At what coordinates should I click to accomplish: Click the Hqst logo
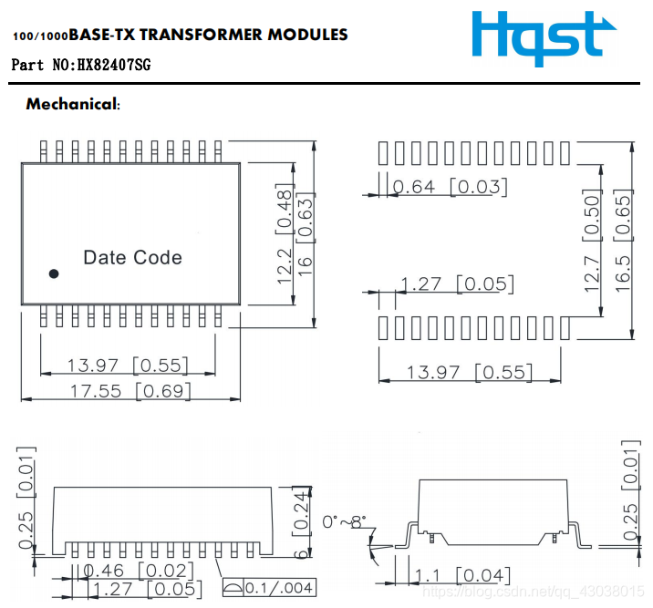(537, 39)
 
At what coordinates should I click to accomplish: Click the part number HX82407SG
(113, 66)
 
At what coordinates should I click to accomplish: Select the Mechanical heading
(73, 104)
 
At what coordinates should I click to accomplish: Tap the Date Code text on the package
(132, 258)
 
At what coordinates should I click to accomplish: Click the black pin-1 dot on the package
(54, 273)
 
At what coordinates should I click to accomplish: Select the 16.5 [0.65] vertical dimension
(623, 240)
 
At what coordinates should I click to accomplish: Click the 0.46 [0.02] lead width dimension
(136, 571)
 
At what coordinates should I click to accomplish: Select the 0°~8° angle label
(344, 522)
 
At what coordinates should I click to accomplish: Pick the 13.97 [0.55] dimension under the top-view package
(128, 366)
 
